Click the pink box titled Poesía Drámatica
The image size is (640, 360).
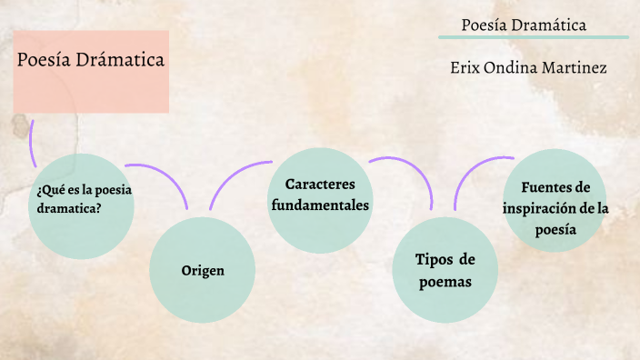(91, 71)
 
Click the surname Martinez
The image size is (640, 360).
(574, 68)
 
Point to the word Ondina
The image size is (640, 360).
(514, 68)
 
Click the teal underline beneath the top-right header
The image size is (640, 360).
(533, 37)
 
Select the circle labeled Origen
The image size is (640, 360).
(201, 270)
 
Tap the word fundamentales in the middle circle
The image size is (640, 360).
(320, 205)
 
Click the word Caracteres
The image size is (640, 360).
(320, 185)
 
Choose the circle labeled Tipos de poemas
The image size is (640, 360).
(445, 270)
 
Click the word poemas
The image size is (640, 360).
(445, 281)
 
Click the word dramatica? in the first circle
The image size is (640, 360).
(69, 207)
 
